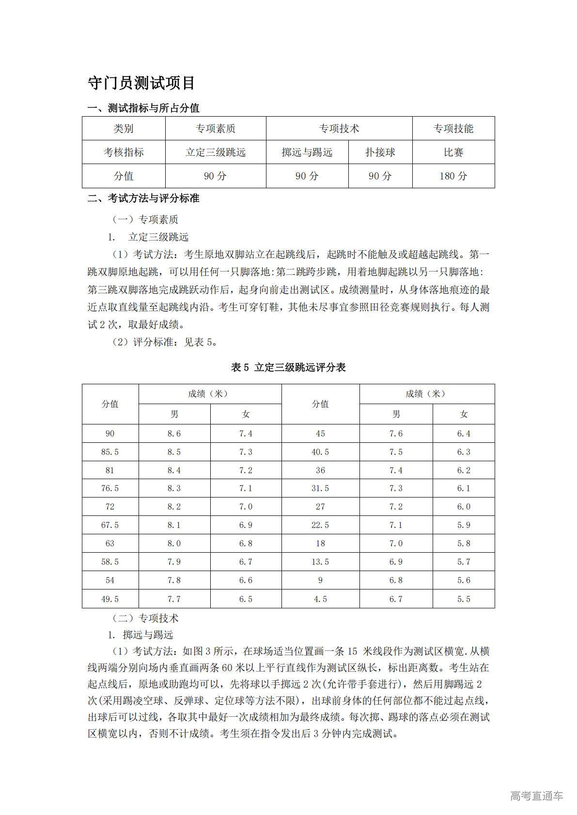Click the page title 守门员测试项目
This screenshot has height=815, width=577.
141,83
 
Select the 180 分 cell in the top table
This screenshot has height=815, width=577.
453,176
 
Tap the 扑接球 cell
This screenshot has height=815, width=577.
380,152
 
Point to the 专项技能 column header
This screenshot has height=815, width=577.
453,129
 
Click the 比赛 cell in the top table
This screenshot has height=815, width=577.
453,152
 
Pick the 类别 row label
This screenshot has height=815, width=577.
124,129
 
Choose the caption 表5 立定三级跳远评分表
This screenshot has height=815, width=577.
288,367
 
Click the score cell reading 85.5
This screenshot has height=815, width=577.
110,452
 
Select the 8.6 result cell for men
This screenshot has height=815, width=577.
174,434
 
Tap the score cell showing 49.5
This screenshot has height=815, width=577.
110,599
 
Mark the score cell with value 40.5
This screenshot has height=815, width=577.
320,452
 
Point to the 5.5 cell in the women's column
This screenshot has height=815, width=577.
464,599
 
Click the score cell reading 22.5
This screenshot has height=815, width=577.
320,525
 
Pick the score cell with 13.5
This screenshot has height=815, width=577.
320,562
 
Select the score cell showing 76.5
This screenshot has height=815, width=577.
110,488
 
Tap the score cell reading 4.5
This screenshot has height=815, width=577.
320,599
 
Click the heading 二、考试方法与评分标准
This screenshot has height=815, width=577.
143,198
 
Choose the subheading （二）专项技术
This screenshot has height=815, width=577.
145,618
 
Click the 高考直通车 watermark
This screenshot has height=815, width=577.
536,796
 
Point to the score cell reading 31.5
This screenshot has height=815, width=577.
320,488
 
